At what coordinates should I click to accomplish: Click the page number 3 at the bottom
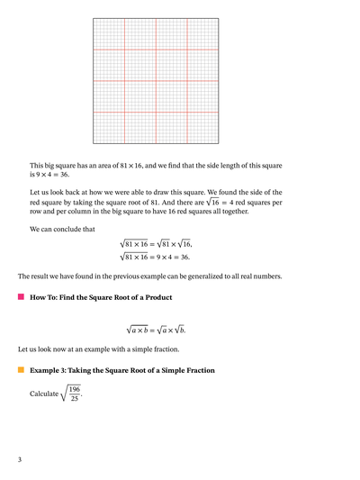[20, 459]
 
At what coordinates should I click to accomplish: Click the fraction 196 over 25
[74, 394]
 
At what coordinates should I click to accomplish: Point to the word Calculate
[44, 394]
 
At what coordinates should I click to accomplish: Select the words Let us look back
[59, 192]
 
